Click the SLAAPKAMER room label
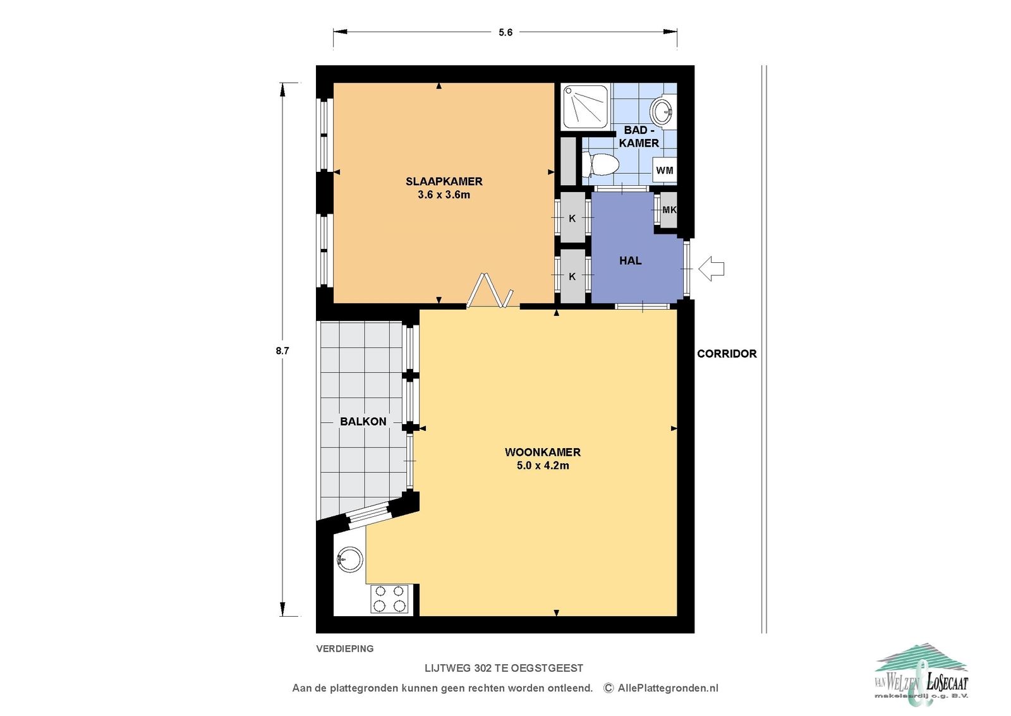444,181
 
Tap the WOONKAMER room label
543,452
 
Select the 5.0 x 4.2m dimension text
543,466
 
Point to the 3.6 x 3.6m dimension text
444,195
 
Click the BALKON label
363,422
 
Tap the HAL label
631,260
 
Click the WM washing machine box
664,170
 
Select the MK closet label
669,210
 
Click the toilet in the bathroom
600,164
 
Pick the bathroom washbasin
662,111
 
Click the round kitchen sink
350,560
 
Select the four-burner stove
389,598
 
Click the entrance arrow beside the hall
711,269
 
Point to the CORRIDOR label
727,354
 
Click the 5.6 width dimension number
505,32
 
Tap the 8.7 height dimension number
282,351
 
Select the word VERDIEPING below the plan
345,649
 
